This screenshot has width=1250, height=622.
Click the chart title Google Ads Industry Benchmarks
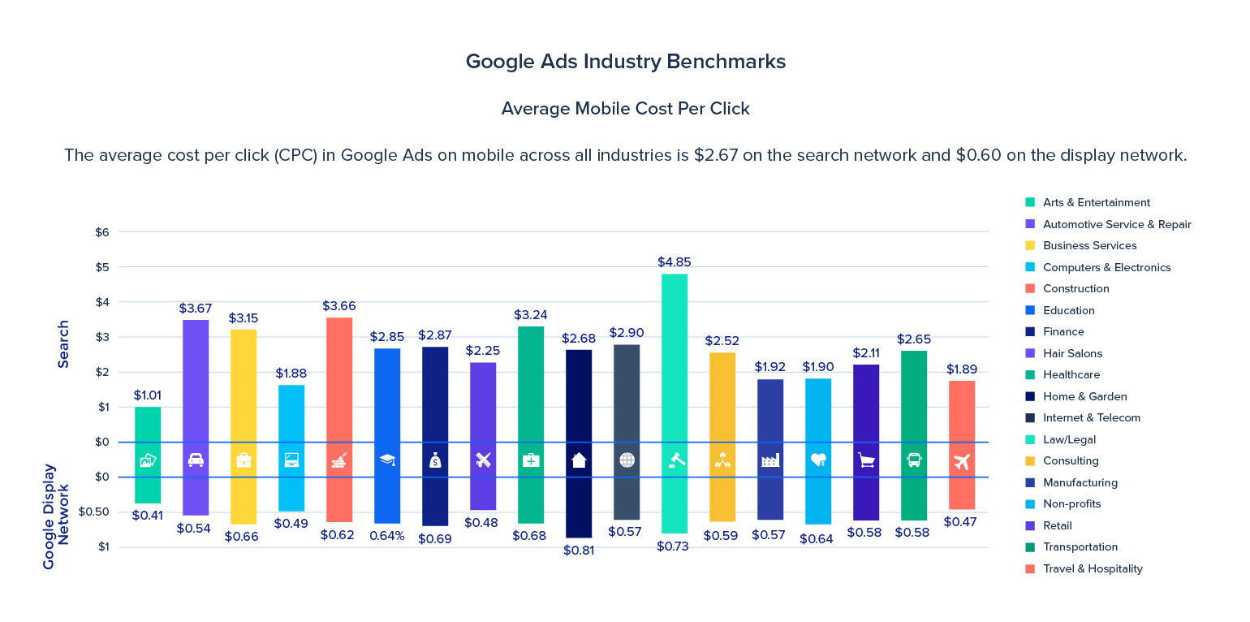pyautogui.click(x=625, y=62)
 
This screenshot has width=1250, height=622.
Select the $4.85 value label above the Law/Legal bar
pyautogui.click(x=674, y=262)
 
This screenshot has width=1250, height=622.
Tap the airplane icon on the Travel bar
pyautogui.click(x=962, y=461)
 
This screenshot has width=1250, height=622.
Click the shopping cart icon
pyautogui.click(x=866, y=460)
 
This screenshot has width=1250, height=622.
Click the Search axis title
pyautogui.click(x=63, y=344)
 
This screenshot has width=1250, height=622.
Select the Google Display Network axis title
pyautogui.click(x=56, y=516)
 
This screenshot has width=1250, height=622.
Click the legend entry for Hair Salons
pyautogui.click(x=1072, y=353)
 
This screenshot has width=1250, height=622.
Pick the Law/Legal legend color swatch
pyautogui.click(x=1030, y=439)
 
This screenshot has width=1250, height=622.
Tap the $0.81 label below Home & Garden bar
pyautogui.click(x=579, y=551)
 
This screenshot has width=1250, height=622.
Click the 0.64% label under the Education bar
pyautogui.click(x=386, y=536)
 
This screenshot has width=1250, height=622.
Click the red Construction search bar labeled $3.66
pyautogui.click(x=338, y=379)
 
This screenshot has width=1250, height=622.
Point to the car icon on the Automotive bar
pyautogui.click(x=196, y=460)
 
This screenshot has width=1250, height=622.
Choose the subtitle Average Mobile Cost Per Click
pyautogui.click(x=625, y=109)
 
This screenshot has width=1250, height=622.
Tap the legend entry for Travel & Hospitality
pyautogui.click(x=1092, y=568)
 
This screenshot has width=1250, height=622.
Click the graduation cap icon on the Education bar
pyautogui.click(x=387, y=460)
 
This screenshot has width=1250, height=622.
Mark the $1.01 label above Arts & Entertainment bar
pyautogui.click(x=148, y=395)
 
